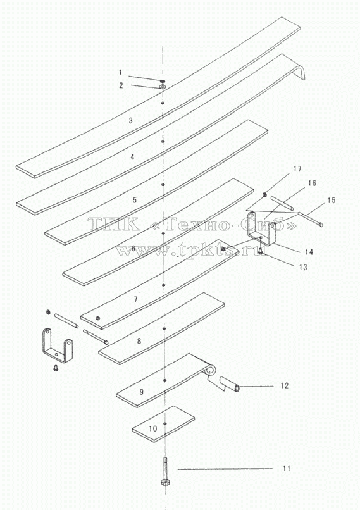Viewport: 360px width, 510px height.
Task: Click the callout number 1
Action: click(120, 72)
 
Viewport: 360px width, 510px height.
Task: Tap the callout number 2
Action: click(121, 85)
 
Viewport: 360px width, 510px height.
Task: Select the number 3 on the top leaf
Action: click(131, 121)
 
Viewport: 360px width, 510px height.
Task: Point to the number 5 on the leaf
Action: click(135, 200)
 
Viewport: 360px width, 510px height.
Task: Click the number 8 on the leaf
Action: click(139, 341)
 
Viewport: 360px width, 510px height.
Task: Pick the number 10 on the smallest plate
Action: click(153, 428)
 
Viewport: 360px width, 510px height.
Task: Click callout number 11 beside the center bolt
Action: click(286, 468)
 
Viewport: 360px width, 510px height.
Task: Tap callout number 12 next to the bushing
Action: click(285, 385)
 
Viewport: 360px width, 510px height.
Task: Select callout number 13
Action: click(303, 267)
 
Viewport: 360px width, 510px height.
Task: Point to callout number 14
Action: click(309, 252)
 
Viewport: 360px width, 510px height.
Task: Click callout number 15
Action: click(331, 201)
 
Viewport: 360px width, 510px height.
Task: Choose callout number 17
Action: click(297, 169)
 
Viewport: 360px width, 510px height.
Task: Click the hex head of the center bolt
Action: click(164, 482)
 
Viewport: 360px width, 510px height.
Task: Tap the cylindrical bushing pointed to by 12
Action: click(230, 383)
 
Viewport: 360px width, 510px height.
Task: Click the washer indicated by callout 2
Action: click(163, 87)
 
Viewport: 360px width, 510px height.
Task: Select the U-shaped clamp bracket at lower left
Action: click(57, 345)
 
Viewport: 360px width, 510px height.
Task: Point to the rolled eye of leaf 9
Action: click(211, 371)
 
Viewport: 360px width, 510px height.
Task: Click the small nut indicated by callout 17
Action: click(265, 194)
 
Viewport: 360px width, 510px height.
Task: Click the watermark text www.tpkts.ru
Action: click(190, 251)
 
